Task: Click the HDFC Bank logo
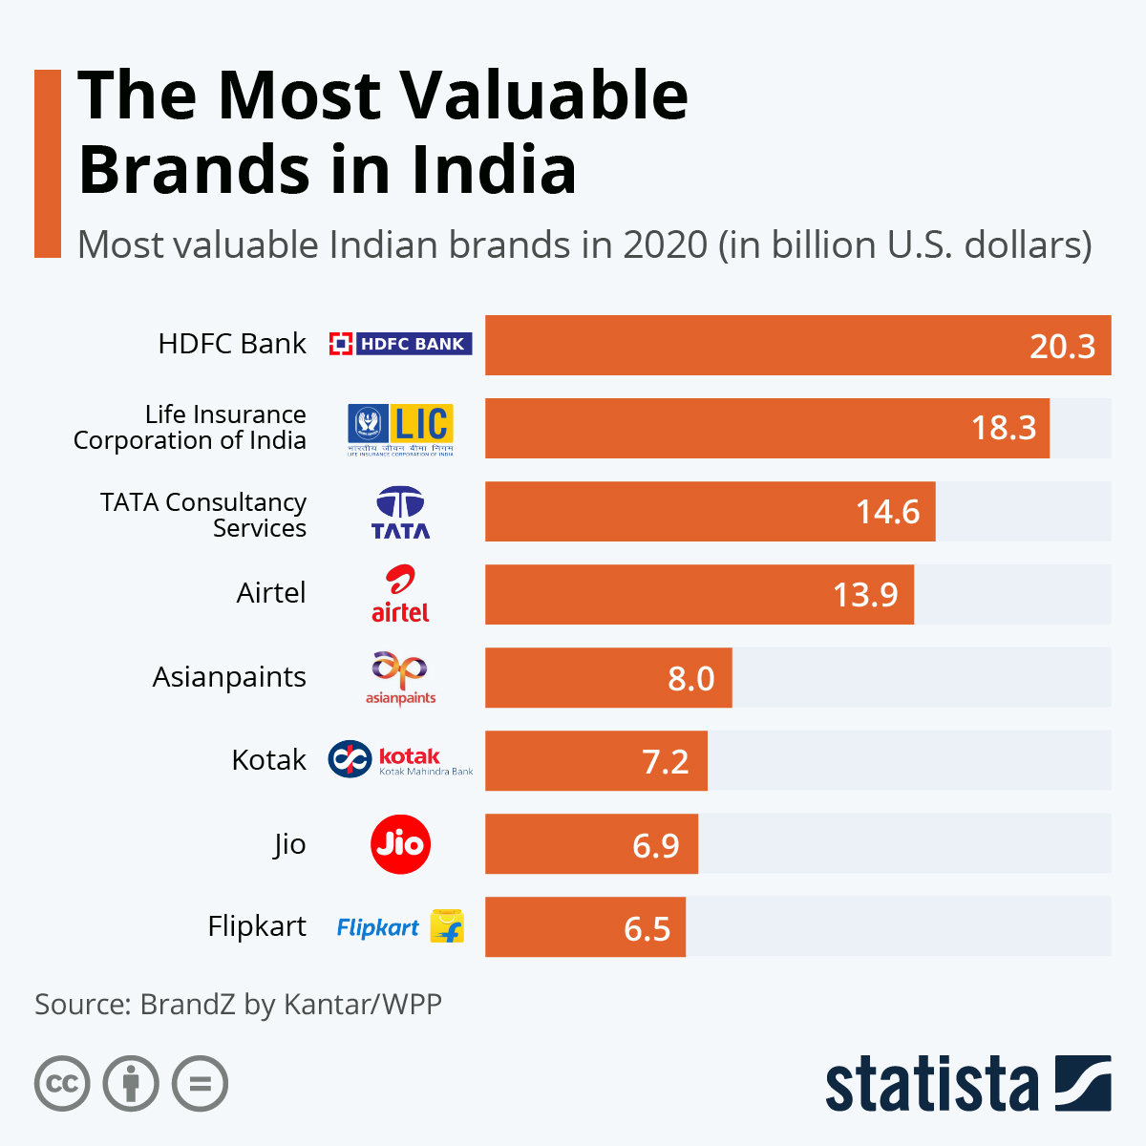pyautogui.click(x=400, y=344)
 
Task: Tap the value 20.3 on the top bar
pyautogui.click(x=1062, y=346)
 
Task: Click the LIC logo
pyautogui.click(x=400, y=429)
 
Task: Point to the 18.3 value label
pyautogui.click(x=1003, y=428)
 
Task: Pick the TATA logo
pyautogui.click(x=400, y=513)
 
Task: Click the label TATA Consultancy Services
pyautogui.click(x=203, y=515)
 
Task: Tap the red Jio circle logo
pyautogui.click(x=400, y=844)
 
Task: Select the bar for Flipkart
pyautogui.click(x=584, y=926)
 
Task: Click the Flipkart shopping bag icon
pyautogui.click(x=447, y=926)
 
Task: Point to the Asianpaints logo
pyautogui.click(x=400, y=678)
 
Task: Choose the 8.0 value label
pyautogui.click(x=690, y=678)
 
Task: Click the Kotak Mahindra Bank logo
pyautogui.click(x=400, y=760)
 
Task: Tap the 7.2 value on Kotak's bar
pyautogui.click(x=665, y=761)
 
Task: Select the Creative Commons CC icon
pyautogui.click(x=62, y=1084)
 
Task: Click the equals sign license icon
pyautogui.click(x=201, y=1084)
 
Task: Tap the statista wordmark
pyautogui.click(x=931, y=1086)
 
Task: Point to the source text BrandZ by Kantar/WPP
pyautogui.click(x=290, y=1004)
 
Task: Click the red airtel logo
pyautogui.click(x=400, y=594)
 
